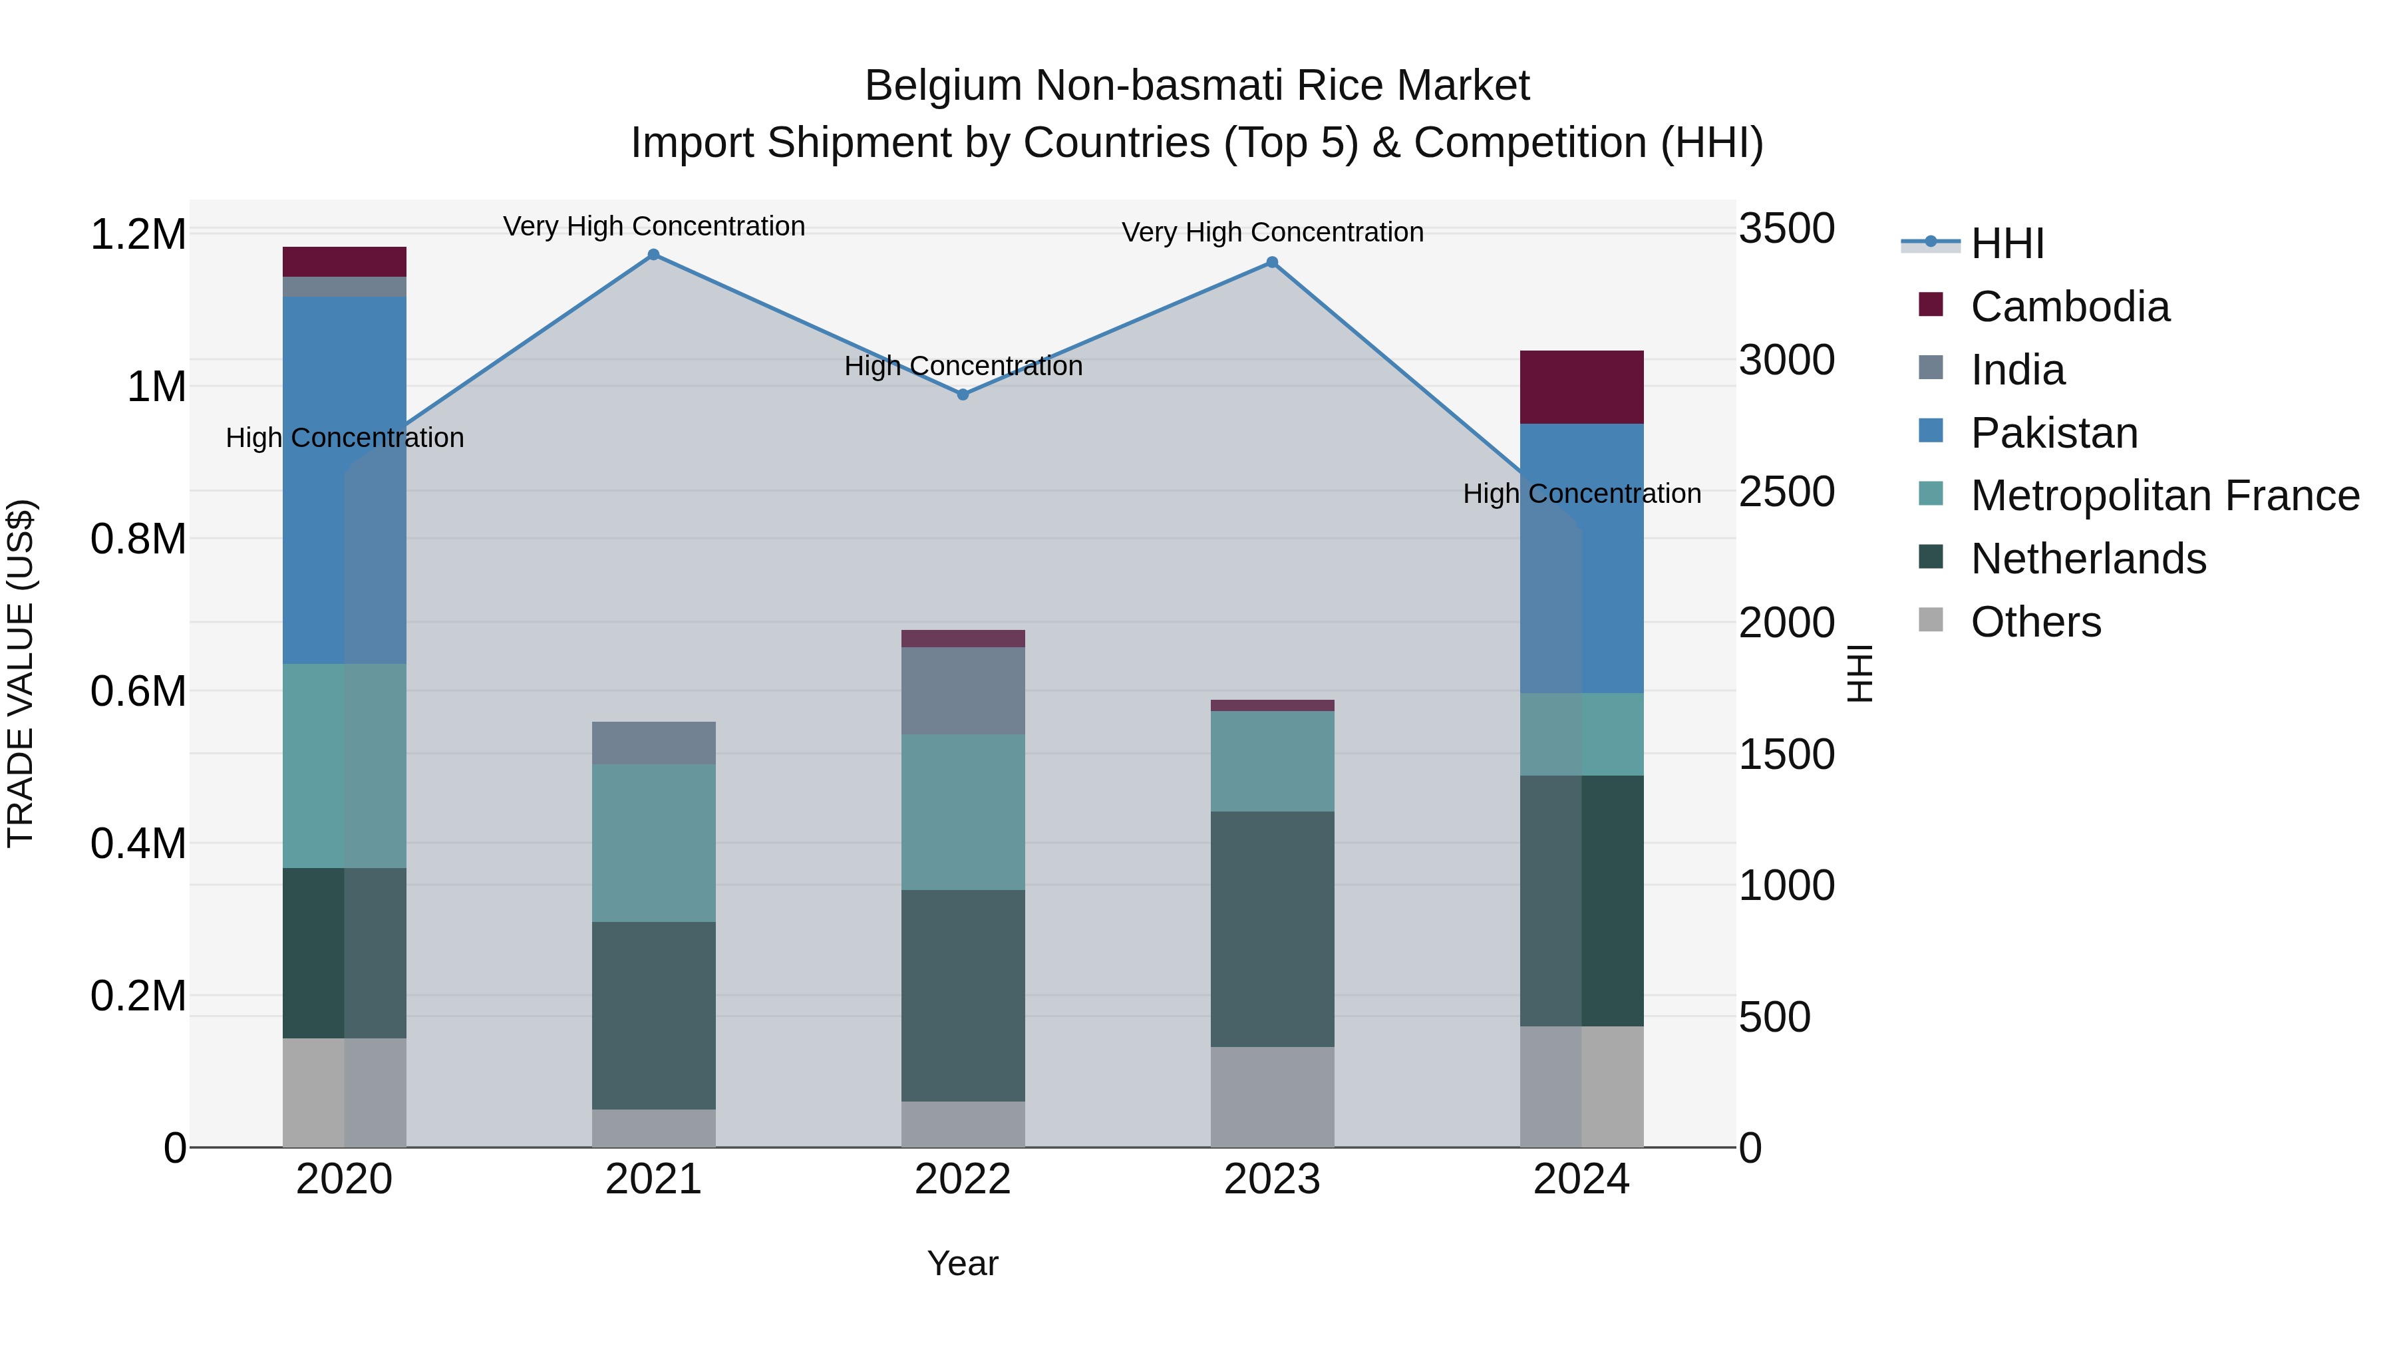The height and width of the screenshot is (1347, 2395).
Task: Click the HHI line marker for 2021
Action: click(653, 255)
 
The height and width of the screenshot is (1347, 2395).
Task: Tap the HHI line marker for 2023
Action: click(1272, 262)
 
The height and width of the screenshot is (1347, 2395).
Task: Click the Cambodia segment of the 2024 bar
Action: click(1581, 386)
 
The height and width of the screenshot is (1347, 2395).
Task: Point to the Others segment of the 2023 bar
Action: click(1272, 1097)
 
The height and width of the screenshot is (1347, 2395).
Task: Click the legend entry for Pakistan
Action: click(2054, 433)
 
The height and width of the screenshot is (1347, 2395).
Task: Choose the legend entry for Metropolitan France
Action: click(2164, 496)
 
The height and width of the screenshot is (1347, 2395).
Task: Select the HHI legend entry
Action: click(2006, 243)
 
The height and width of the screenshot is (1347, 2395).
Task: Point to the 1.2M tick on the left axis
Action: click(138, 234)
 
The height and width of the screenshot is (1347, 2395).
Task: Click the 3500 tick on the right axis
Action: click(1786, 229)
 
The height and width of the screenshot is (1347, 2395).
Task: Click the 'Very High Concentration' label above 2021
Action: click(653, 226)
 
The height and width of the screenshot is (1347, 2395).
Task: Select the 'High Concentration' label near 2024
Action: click(1581, 494)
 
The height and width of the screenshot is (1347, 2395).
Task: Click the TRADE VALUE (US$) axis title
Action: click(21, 673)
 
